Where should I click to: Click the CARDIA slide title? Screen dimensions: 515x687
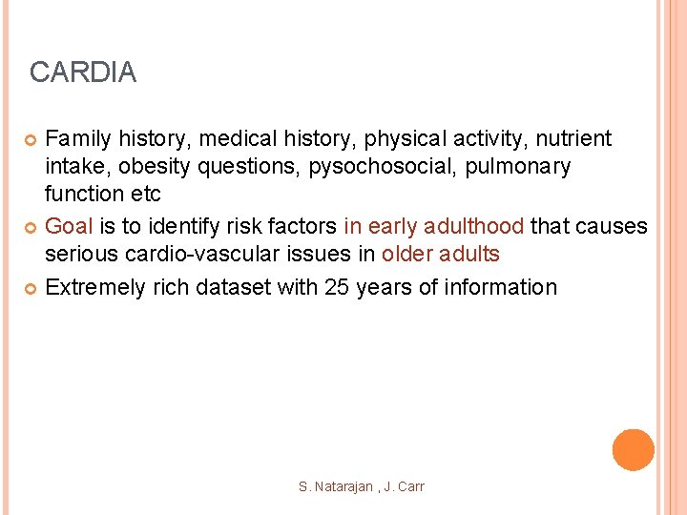(x=83, y=72)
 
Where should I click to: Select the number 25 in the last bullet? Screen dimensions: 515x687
(x=338, y=286)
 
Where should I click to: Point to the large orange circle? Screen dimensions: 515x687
(x=634, y=449)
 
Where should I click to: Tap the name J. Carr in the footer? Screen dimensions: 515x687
(x=405, y=486)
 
